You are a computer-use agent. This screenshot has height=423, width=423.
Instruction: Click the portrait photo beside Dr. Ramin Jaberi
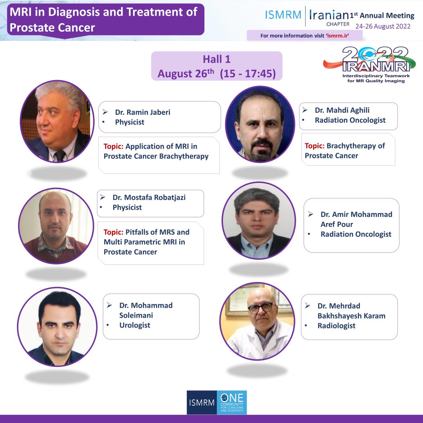pos(57,121)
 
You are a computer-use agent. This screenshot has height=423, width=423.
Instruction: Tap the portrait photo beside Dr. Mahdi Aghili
pos(260,124)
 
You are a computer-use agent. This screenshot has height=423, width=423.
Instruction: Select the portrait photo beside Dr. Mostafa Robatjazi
pos(56,226)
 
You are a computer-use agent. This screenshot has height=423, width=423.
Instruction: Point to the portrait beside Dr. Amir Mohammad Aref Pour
pos(259,221)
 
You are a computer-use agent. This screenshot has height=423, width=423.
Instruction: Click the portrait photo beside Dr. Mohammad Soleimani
pos(57,327)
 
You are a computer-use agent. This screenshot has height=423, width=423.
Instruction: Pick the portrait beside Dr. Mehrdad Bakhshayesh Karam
pos(257,321)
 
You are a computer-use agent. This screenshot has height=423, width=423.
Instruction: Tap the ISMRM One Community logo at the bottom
pos(216,402)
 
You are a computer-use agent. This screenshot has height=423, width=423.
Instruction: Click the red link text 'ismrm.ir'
pos(338,36)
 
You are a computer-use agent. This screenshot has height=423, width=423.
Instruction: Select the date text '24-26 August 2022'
pos(383,26)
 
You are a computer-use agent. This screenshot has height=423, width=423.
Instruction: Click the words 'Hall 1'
pos(216,59)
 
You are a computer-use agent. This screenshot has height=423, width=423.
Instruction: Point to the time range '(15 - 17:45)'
pos(248,74)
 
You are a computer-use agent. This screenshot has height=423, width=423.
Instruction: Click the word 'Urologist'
pos(135,325)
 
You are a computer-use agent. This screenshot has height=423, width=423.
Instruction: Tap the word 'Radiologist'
pos(336,326)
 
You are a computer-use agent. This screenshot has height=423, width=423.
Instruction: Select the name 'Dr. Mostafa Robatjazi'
pos(149,197)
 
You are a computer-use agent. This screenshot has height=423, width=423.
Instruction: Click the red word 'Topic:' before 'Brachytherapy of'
pos(314,146)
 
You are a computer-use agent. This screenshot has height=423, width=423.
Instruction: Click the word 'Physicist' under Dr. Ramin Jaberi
pos(129,122)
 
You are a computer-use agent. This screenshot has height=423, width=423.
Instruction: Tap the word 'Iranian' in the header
pos(329,15)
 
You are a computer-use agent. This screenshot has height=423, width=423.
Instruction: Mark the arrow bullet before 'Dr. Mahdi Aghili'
pos(305,110)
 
